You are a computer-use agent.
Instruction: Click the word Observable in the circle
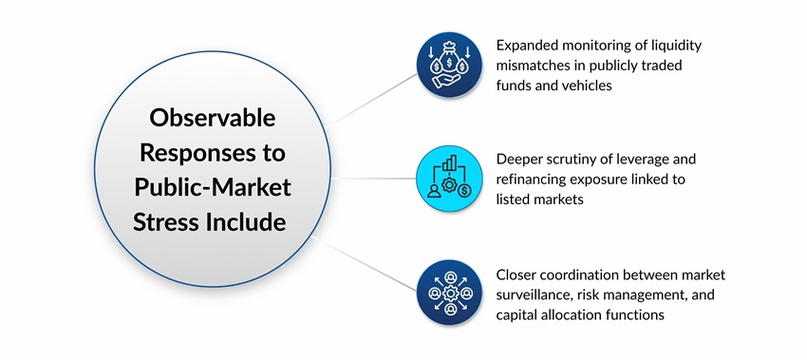coord(212,120)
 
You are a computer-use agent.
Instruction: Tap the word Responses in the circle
coord(212,152)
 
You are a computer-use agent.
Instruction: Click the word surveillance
coord(538,294)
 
